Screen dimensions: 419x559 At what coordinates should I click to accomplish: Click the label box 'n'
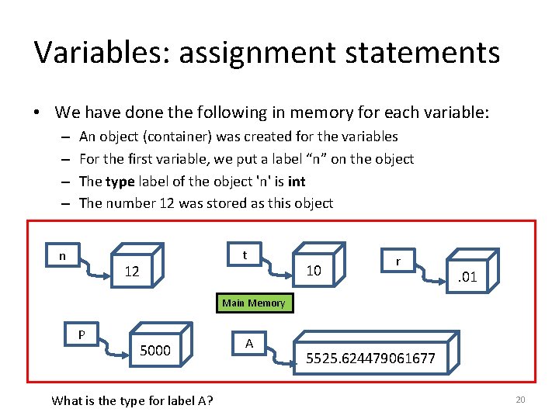tap(62, 255)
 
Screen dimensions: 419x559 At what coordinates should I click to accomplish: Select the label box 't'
tap(245, 255)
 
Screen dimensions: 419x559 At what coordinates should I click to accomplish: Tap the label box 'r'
tap(398, 261)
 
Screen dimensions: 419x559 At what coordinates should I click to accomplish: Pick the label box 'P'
tap(81, 334)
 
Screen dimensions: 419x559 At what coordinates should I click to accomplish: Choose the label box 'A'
tap(248, 343)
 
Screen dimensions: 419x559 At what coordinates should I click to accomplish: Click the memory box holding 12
tap(134, 272)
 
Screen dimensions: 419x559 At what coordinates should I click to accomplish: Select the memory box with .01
tap(466, 276)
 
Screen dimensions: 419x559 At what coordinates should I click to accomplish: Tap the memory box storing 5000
tap(155, 351)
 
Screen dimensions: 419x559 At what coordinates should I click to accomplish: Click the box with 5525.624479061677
tap(370, 358)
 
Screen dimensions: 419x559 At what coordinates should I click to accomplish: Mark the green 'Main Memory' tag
tap(253, 303)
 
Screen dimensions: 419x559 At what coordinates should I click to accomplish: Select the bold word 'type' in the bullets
tap(120, 181)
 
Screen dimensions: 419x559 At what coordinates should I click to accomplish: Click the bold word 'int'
tap(296, 181)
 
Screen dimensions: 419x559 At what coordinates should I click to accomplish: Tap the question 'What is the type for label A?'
tap(133, 400)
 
